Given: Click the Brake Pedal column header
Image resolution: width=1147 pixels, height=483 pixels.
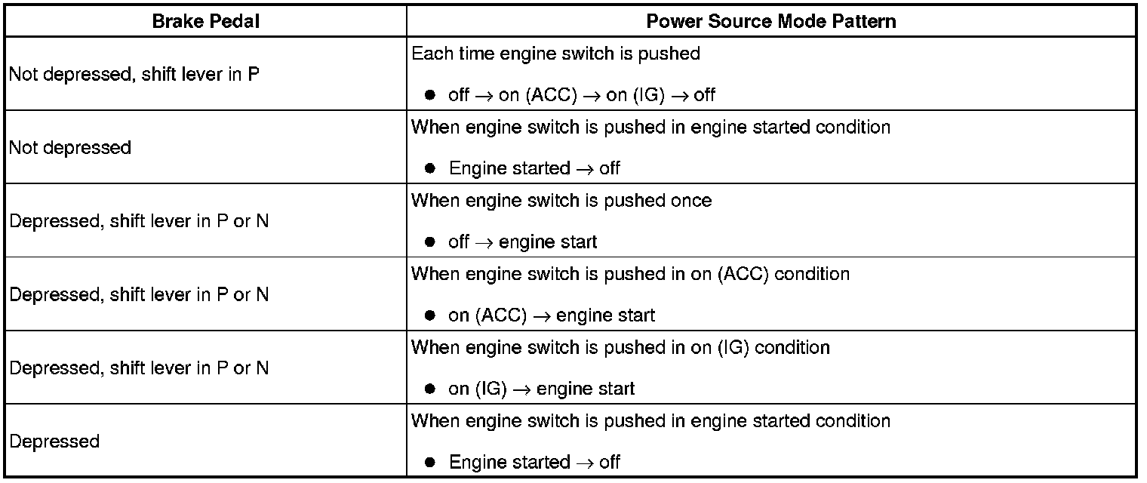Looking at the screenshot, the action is (x=205, y=21).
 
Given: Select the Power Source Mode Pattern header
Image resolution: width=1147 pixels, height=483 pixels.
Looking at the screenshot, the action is (x=771, y=21).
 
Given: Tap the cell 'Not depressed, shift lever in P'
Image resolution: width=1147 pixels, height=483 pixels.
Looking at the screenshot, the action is (x=134, y=75).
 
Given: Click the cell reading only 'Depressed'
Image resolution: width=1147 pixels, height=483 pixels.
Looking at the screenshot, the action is (x=54, y=441).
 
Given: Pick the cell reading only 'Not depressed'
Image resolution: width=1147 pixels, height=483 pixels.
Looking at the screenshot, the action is (x=70, y=147).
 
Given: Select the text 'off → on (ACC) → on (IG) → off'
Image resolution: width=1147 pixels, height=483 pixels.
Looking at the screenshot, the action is (x=581, y=95).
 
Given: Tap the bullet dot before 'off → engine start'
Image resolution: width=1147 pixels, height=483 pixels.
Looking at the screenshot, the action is (x=430, y=242).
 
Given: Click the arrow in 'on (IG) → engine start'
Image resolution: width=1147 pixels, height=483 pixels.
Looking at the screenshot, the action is (x=521, y=389).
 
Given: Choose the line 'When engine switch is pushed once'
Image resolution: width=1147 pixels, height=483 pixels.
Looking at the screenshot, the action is (x=561, y=201).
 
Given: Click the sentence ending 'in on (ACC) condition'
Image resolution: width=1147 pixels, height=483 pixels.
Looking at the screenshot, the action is (x=630, y=274).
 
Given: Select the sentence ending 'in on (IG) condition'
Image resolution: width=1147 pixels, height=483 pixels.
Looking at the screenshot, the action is (x=620, y=347).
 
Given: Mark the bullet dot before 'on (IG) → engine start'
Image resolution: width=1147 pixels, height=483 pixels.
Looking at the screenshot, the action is (x=430, y=389).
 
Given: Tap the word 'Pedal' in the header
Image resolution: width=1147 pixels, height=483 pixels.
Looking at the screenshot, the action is (x=235, y=21).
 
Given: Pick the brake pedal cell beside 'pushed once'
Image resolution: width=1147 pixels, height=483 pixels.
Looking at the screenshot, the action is (x=139, y=221).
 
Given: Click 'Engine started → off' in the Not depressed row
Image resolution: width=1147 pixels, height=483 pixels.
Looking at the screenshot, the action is (x=534, y=168).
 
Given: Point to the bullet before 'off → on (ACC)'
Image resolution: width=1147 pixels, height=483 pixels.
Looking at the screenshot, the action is (x=430, y=95).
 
